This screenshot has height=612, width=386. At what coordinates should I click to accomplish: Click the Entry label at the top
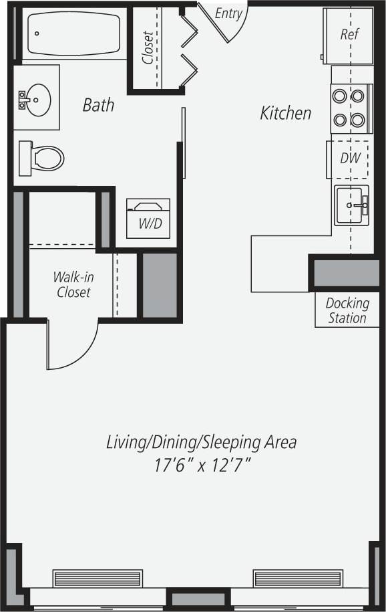click(228, 13)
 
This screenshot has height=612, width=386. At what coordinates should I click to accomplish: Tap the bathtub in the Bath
click(71, 33)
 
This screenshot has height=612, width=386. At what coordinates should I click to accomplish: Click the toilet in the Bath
click(43, 158)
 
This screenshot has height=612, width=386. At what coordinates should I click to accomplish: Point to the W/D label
click(150, 223)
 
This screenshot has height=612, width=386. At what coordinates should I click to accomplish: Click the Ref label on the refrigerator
click(349, 34)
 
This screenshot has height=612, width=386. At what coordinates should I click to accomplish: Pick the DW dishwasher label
click(350, 159)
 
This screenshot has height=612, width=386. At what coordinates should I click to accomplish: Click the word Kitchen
click(286, 114)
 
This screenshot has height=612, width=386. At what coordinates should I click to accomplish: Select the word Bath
click(98, 105)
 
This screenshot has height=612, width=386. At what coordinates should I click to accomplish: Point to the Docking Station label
click(347, 311)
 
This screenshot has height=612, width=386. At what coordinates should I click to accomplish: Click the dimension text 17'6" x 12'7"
click(201, 466)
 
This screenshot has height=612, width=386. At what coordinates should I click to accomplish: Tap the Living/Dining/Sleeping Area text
click(201, 442)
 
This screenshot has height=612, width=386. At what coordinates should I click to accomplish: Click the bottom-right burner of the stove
click(359, 120)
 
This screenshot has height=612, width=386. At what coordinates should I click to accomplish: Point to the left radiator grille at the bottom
click(98, 578)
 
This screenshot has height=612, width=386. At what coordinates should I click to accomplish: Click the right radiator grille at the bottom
click(297, 578)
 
